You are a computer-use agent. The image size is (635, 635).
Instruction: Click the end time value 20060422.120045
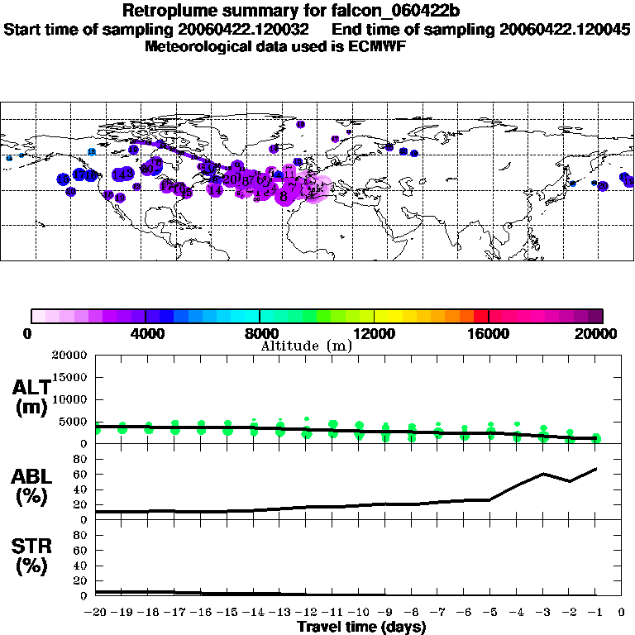[x=565, y=29]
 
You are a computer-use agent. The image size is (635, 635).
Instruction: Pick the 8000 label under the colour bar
[x=259, y=333]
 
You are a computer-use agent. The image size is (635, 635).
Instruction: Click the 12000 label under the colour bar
[x=374, y=333]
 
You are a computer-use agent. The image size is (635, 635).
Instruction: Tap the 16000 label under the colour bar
[x=488, y=333]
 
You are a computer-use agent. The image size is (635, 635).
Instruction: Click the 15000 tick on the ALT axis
[x=72, y=377]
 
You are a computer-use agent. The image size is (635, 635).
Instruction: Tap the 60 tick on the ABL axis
[x=82, y=474]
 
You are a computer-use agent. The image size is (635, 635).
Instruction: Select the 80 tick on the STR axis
[x=82, y=534]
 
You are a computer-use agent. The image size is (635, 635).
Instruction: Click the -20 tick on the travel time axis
[x=95, y=612]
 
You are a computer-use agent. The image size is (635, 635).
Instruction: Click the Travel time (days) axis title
[x=361, y=627]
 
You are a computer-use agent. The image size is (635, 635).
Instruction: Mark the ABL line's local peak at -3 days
[x=542, y=474]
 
